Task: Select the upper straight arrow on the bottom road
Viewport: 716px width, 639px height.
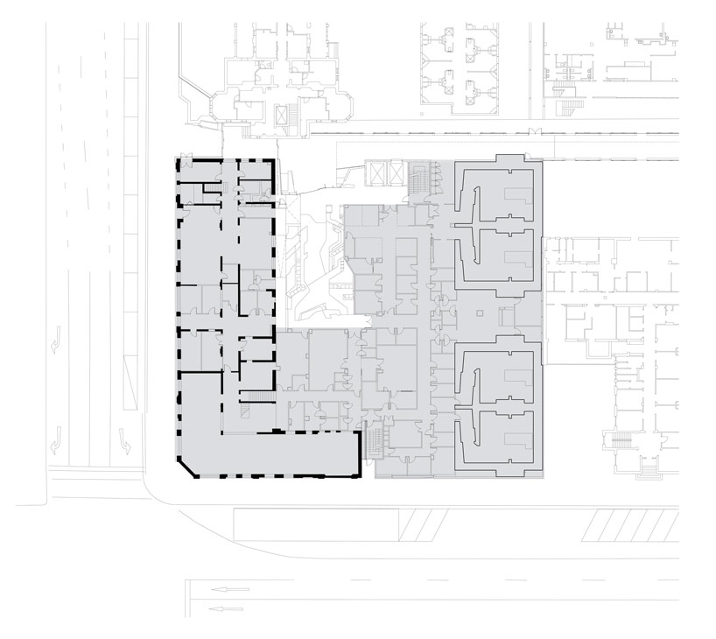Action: tap(229, 589)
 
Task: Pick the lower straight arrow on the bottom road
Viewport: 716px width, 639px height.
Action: tap(229, 607)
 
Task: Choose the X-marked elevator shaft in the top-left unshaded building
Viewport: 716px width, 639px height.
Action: tap(283, 116)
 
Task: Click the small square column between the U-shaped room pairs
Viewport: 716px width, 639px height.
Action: tap(479, 312)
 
